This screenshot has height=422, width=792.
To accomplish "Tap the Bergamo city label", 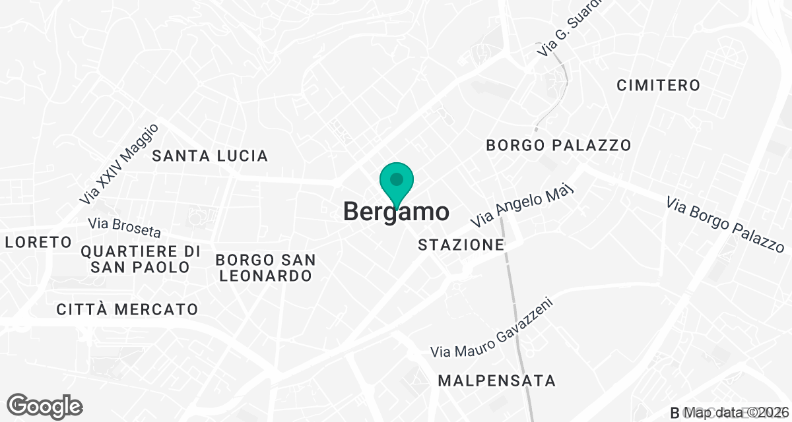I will [396, 212].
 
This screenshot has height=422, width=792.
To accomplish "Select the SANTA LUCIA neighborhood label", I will [210, 156].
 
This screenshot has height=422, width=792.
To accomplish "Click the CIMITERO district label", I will [658, 85].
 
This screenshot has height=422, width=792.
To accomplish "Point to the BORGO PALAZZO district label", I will [558, 145].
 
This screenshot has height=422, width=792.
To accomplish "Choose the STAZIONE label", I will [461, 245].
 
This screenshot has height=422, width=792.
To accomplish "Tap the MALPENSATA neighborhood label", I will [497, 380].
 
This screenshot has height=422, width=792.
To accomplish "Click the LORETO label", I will [38, 242].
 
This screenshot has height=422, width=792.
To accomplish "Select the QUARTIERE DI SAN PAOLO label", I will [141, 259].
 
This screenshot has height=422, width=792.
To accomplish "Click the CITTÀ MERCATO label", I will [127, 309].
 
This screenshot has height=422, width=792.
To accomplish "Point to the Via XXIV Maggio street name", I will [119, 163].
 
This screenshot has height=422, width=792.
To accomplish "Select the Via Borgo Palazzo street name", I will [725, 224].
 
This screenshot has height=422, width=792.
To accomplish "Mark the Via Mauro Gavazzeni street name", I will [491, 328].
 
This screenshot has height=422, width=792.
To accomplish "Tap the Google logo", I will [44, 405].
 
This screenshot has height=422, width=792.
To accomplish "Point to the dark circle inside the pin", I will [396, 179].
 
